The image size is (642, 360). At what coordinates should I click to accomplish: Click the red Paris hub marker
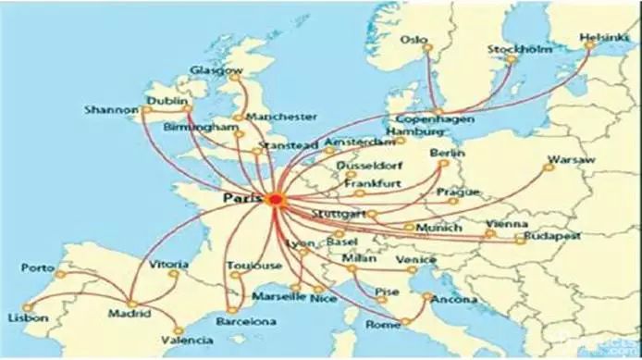coord(275,199)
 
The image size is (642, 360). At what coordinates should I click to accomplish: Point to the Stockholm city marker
coord(512,61)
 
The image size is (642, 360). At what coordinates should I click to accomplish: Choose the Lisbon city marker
coord(27,304)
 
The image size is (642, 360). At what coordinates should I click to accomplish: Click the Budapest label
coord(551,237)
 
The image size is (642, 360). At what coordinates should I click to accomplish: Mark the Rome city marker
coord(405,321)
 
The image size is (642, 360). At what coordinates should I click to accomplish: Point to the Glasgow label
coord(216,70)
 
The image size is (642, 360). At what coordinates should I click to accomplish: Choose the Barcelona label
coord(246,322)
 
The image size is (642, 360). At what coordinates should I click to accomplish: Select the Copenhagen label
coord(435,120)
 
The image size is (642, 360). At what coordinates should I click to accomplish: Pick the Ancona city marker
coord(426,297)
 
